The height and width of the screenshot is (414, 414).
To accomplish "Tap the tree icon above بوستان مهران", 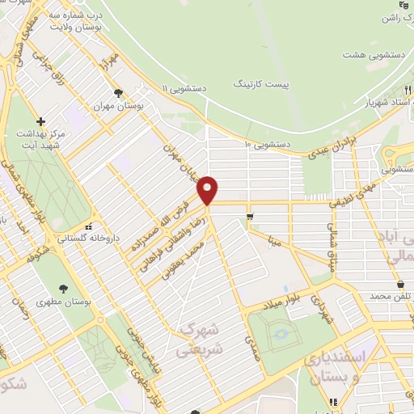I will [x=119, y=93].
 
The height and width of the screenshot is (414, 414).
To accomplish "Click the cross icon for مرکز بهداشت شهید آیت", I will [x=40, y=120].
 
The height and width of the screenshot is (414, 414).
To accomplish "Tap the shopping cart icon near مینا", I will [x=251, y=216].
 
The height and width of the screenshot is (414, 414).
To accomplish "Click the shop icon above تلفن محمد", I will [x=401, y=284].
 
